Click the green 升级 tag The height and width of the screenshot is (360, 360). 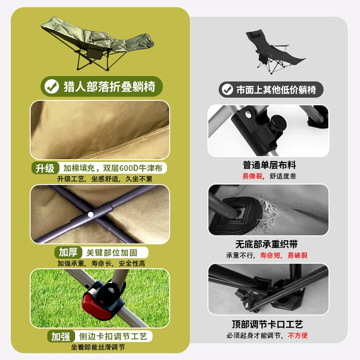(x=45, y=168)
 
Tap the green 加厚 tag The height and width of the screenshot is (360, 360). (x=68, y=252)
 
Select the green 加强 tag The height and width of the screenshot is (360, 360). (x=61, y=337)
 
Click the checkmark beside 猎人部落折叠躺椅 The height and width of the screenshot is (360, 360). (x=52, y=86)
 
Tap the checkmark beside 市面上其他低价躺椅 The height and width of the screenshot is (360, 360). (x=227, y=90)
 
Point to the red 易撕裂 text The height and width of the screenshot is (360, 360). (x=252, y=176)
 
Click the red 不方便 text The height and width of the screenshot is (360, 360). (x=297, y=335)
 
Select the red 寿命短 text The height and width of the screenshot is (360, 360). (x=270, y=255)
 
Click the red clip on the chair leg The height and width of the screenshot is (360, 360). (x=97, y=306)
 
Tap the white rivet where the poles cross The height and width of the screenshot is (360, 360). (x=91, y=215)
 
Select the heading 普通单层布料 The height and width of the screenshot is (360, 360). (x=269, y=165)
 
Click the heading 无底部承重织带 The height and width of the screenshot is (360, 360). (x=266, y=244)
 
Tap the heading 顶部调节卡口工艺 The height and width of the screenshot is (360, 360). (x=267, y=324)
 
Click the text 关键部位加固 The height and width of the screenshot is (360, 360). (x=112, y=253)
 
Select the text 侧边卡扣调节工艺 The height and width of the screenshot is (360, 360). (x=113, y=337)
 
